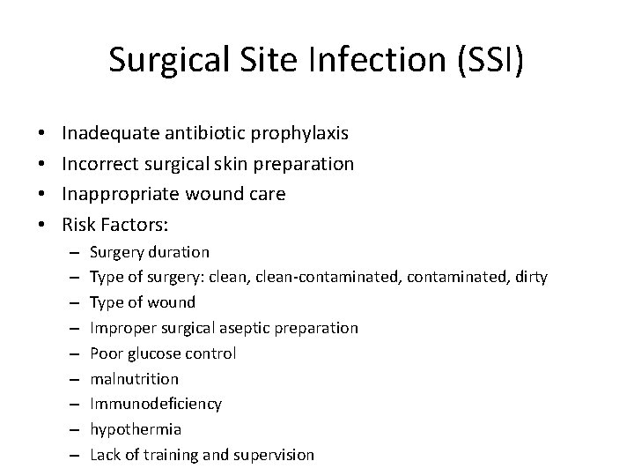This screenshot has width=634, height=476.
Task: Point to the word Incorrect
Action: point(100,163)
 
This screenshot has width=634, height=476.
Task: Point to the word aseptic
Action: point(247,328)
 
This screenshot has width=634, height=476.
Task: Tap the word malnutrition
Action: point(134,379)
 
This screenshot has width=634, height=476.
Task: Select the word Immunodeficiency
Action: point(156,404)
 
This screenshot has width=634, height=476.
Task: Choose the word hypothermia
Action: point(136,429)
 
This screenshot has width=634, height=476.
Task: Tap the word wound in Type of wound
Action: point(173,302)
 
